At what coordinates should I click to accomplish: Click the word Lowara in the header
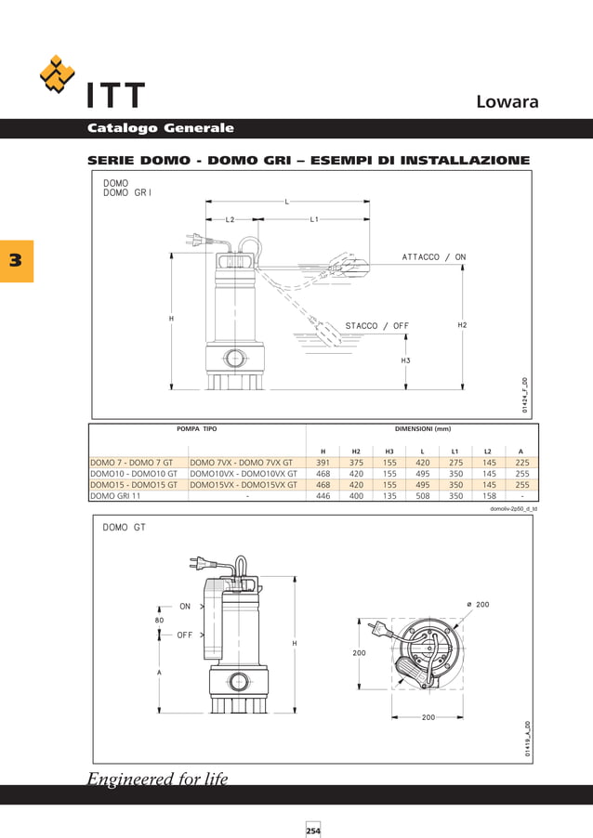click(507, 101)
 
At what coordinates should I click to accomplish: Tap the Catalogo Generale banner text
click(160, 128)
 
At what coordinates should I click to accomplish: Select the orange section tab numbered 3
click(16, 261)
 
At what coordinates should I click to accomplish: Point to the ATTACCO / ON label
click(434, 256)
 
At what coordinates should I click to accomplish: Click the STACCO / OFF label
click(376, 326)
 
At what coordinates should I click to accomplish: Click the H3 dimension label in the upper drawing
click(405, 360)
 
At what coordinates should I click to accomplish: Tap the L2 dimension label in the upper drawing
click(231, 219)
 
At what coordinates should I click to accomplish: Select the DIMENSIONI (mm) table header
click(422, 429)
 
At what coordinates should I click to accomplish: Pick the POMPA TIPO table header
click(196, 429)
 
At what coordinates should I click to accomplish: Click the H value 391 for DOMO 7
click(323, 462)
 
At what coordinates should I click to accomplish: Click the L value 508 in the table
click(422, 496)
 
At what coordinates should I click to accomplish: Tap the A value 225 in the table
click(521, 462)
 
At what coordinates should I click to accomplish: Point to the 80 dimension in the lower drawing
click(159, 620)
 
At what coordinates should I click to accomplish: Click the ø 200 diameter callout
click(477, 605)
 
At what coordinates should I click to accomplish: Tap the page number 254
click(313, 830)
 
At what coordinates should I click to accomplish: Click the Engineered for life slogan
click(157, 779)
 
